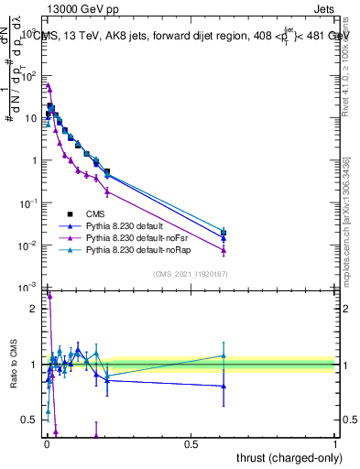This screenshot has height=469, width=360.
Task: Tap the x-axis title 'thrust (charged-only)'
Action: click(283, 457)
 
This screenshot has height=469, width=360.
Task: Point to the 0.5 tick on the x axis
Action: click(190, 443)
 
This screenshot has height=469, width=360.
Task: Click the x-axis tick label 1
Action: click(335, 443)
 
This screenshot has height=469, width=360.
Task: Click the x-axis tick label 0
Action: click(46, 443)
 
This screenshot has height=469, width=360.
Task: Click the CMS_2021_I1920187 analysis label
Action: click(190, 274)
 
